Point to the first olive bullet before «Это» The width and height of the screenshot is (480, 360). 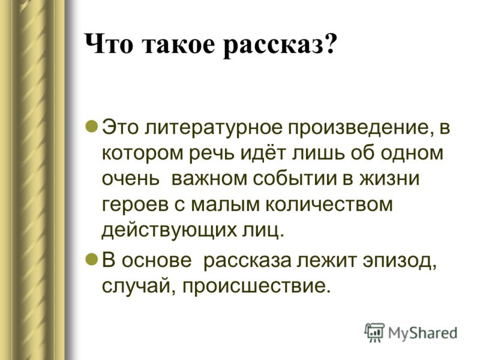[x=92, y=125]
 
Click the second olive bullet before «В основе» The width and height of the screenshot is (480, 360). [x=92, y=260]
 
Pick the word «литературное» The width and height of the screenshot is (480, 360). [x=213, y=128]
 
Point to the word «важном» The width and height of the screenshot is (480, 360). [x=209, y=178]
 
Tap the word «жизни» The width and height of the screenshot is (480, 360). [x=389, y=178]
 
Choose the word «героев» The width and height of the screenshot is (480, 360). [x=135, y=205]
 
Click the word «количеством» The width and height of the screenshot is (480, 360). [x=328, y=204]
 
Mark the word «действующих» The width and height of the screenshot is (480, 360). [x=169, y=231]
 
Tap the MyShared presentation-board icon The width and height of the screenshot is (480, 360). [x=374, y=332]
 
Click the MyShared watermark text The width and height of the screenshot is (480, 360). [x=423, y=333]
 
